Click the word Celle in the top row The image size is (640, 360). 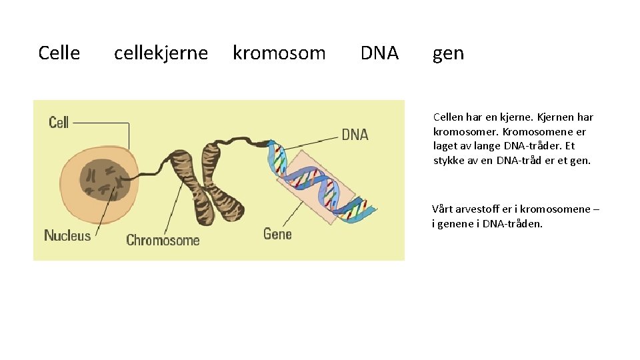tap(59, 53)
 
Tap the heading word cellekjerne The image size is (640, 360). tap(161, 53)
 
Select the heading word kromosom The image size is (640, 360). tap(279, 53)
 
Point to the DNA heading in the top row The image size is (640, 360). tap(379, 53)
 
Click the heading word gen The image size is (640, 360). tap(448, 53)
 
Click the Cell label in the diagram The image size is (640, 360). tap(59, 122)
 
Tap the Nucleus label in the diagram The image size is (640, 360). tap(67, 235)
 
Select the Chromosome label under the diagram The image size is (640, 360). tap(163, 240)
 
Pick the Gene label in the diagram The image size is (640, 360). tap(277, 234)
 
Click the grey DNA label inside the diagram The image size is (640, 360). tap(355, 135)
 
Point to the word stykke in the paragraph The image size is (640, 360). tap(449, 160)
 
